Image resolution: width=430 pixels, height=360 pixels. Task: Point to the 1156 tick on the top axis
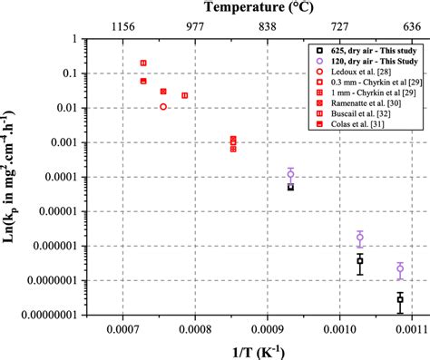tap(122, 27)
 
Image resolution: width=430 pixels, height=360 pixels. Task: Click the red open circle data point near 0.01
tap(163, 107)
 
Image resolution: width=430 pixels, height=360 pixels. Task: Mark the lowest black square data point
tap(400, 298)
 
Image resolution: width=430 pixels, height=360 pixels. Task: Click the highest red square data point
tap(143, 63)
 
